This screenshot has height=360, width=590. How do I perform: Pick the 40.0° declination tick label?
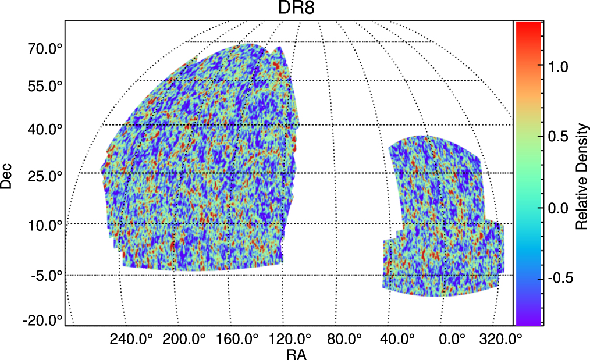pos(45,129)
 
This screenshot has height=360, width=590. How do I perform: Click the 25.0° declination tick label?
pos(45,176)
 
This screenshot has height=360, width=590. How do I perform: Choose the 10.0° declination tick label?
pos(45,225)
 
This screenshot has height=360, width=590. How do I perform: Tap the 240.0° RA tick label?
pos(131,338)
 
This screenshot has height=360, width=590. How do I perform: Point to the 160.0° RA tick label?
pos(240,338)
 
